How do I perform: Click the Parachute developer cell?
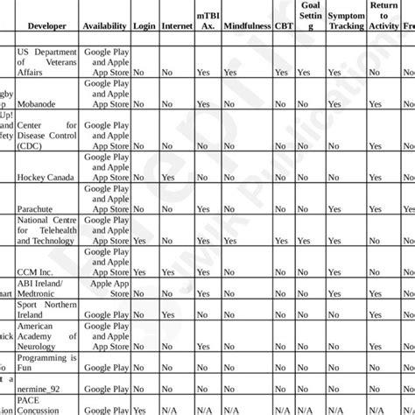pyautogui.click(x=37, y=208)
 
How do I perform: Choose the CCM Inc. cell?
pyautogui.click(x=37, y=272)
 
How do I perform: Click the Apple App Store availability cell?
pyautogui.click(x=106, y=288)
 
